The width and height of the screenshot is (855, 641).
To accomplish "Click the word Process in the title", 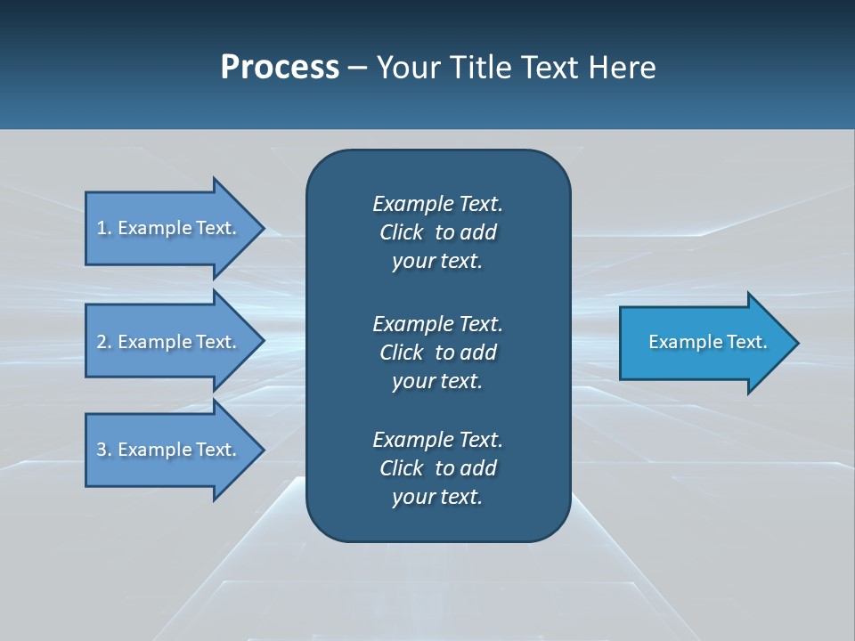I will tap(280, 68).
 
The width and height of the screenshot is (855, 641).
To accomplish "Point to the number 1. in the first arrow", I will tap(104, 228).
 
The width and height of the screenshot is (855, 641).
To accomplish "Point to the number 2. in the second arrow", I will tap(104, 342).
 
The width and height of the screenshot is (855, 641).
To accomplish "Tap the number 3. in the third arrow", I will tap(104, 450).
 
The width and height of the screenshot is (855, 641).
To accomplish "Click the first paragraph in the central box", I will tap(437, 232).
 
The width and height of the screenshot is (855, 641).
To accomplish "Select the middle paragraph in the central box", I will tap(437, 353).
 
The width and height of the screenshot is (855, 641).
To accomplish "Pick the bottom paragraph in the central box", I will tap(437, 468).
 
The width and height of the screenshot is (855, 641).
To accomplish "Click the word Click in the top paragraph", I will tap(401, 232).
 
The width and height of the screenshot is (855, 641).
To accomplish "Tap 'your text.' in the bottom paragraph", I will tap(437, 498).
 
